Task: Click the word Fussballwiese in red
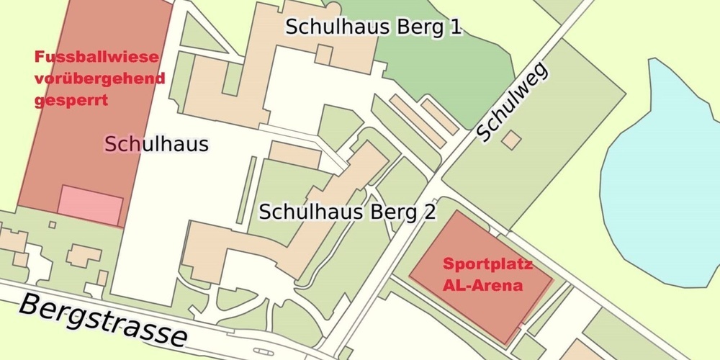point(96,57)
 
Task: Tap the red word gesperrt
point(71,100)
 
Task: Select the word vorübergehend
point(99,78)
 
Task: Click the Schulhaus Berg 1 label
point(374,27)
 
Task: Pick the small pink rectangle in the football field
point(90,204)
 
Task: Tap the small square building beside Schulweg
point(511,139)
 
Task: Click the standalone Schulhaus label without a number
point(156,144)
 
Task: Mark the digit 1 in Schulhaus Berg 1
point(454,27)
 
